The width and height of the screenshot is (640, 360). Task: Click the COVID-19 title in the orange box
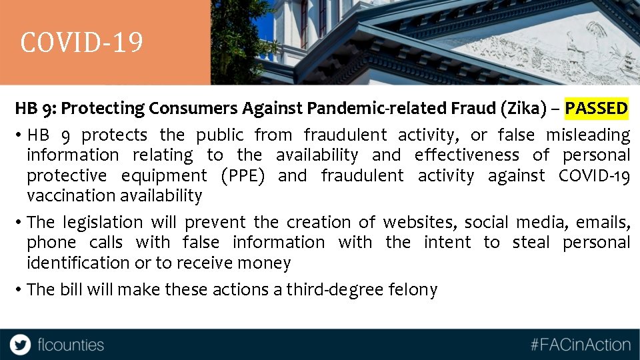(81, 43)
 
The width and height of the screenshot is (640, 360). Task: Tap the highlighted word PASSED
(596, 108)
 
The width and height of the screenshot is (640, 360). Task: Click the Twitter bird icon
(20, 345)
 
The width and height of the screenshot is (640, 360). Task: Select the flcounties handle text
(71, 345)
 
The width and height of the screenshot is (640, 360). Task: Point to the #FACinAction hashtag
(580, 345)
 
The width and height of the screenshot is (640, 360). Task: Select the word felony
(417, 289)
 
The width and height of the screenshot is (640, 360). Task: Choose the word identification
(78, 263)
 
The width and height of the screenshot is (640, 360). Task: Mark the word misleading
(588, 135)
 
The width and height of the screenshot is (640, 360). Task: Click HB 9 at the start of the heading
(31, 108)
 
